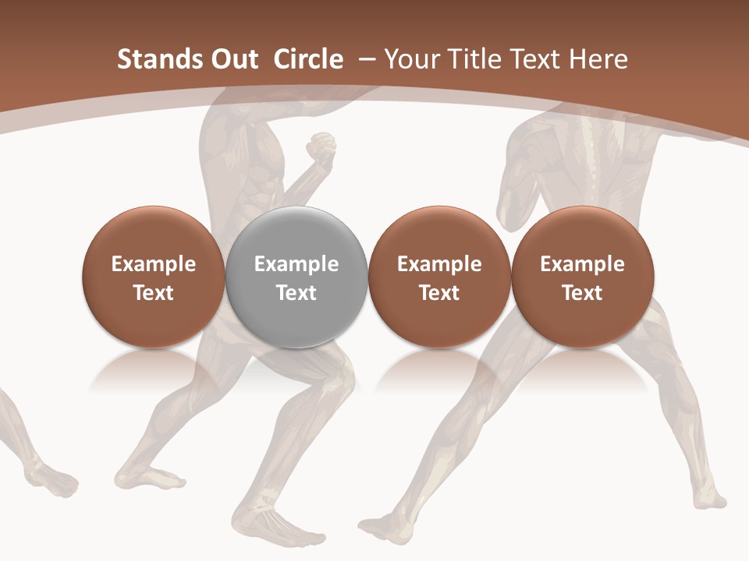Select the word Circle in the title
(308, 59)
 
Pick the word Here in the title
(598, 59)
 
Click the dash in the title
(364, 59)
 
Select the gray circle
(296, 277)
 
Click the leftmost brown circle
(153, 277)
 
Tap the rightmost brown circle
(582, 277)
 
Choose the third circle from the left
(439, 277)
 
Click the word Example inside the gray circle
(296, 264)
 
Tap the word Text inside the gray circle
(296, 293)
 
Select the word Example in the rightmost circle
(582, 264)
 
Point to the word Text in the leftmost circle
(154, 293)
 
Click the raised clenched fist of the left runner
(321, 147)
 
